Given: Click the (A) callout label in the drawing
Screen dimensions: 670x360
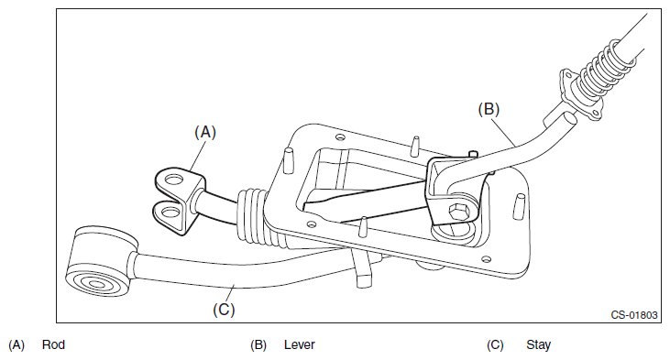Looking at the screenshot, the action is point(205,132).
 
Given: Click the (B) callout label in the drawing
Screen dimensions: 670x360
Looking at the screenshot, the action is point(489,109).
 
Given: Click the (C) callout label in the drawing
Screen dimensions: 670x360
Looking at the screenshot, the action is point(224,310).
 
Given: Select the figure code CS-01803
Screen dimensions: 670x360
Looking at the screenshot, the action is point(633,315).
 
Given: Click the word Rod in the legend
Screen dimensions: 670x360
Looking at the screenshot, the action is point(53,344).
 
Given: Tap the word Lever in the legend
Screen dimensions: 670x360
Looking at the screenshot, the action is point(299,344).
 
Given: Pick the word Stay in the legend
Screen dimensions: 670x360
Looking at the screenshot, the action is point(538,345).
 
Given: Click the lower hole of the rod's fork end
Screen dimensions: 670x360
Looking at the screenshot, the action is point(170,212).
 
